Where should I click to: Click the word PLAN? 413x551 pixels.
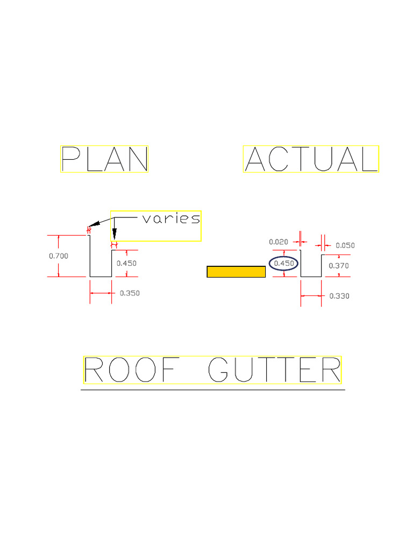pyautogui.click(x=104, y=159)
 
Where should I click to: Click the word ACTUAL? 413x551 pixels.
pyautogui.click(x=311, y=159)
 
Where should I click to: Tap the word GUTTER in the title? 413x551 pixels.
pyautogui.click(x=274, y=370)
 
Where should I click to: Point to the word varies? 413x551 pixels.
pyautogui.click(x=172, y=218)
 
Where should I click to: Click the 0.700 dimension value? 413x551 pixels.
pyautogui.click(x=59, y=256)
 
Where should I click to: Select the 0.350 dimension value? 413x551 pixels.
pyautogui.click(x=130, y=293)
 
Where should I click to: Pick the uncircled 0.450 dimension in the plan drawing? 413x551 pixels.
pyautogui.click(x=127, y=264)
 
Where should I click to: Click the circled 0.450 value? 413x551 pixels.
pyautogui.click(x=284, y=264)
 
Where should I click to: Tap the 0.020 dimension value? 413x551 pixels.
pyautogui.click(x=279, y=242)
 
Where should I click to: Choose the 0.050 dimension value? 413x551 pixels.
pyautogui.click(x=345, y=245)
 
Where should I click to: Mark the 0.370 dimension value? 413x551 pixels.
pyautogui.click(x=339, y=265)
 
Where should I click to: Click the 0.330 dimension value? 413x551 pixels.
pyautogui.click(x=339, y=296)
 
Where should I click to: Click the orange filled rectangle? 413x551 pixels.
pyautogui.click(x=236, y=272)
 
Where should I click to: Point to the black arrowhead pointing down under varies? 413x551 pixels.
pyautogui.click(x=114, y=235)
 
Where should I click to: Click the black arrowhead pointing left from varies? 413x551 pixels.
pyautogui.click(x=94, y=223)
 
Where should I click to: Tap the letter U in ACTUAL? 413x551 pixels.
pyautogui.click(x=323, y=159)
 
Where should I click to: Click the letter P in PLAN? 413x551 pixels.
pyautogui.click(x=70, y=159)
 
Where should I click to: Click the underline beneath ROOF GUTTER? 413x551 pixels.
pyautogui.click(x=213, y=390)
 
